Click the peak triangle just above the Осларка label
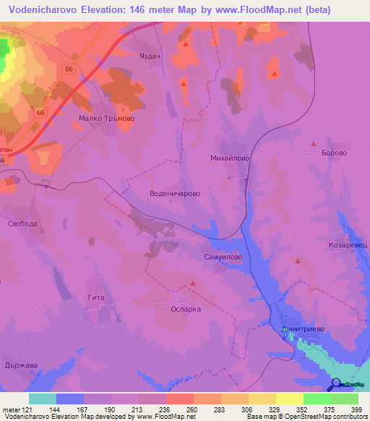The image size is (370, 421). (192, 284)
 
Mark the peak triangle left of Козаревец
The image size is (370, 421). (298, 260)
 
